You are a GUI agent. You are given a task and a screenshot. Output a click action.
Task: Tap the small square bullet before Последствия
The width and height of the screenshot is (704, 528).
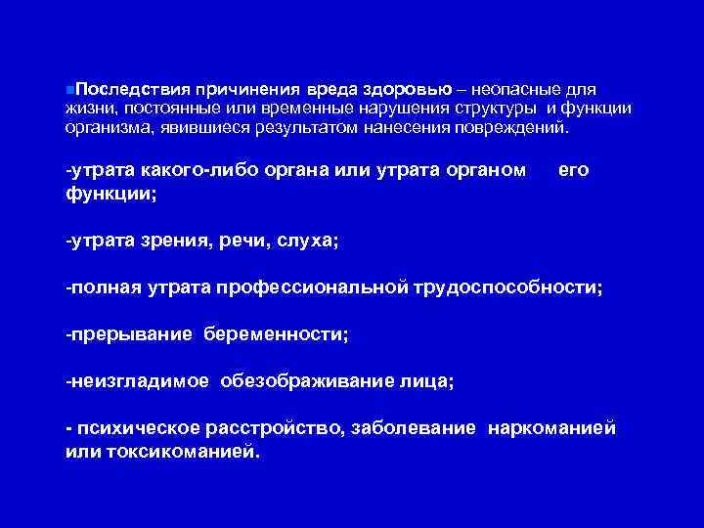click(68, 90)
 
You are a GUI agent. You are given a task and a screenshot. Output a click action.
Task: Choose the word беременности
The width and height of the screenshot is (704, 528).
click(276, 334)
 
